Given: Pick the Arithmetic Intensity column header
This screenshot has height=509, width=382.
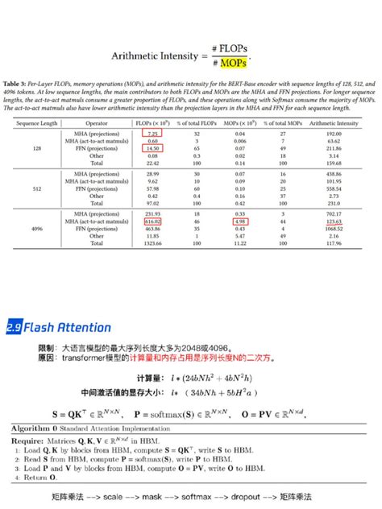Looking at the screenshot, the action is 337,123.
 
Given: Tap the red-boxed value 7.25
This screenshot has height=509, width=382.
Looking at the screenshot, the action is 152,133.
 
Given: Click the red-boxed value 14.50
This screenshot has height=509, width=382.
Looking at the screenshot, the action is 152,148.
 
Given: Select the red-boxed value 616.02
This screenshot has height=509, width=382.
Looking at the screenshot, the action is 152,220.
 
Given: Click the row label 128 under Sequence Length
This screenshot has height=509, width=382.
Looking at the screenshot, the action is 37,148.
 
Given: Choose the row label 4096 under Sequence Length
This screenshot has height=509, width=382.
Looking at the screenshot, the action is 37,227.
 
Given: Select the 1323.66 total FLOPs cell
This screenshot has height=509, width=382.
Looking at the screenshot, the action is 152,242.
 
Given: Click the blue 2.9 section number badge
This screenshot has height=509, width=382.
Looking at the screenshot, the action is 14,328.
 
